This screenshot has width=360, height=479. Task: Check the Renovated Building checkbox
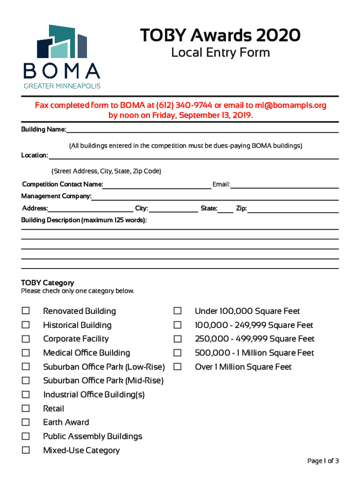pyautogui.click(x=26, y=311)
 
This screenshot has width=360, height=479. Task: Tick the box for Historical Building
pyautogui.click(x=26, y=325)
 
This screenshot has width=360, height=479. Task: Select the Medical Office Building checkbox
pyautogui.click(x=26, y=353)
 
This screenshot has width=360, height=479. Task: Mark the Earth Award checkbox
pyautogui.click(x=26, y=422)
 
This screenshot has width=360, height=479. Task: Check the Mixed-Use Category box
pyautogui.click(x=26, y=450)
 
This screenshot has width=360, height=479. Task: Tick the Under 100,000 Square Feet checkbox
pyautogui.click(x=178, y=311)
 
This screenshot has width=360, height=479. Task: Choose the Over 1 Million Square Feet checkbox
pyautogui.click(x=178, y=367)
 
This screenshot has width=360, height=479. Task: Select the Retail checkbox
pyautogui.click(x=26, y=408)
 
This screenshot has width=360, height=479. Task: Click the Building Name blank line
pyautogui.click(x=202, y=130)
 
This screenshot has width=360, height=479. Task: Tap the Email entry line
pyautogui.click(x=284, y=185)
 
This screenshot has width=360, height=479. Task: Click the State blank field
pyautogui.click(x=225, y=209)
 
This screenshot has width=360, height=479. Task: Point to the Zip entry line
pyautogui.click(x=293, y=209)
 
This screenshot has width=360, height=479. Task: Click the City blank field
pyautogui.click(x=173, y=209)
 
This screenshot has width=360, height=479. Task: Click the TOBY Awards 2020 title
pyautogui.click(x=220, y=36)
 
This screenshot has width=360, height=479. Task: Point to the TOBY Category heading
pyautogui.click(x=48, y=283)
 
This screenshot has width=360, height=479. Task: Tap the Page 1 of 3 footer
pyautogui.click(x=323, y=461)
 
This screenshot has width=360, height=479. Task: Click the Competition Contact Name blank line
pyautogui.click(x=157, y=185)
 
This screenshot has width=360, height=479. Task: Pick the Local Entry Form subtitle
pyautogui.click(x=220, y=53)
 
